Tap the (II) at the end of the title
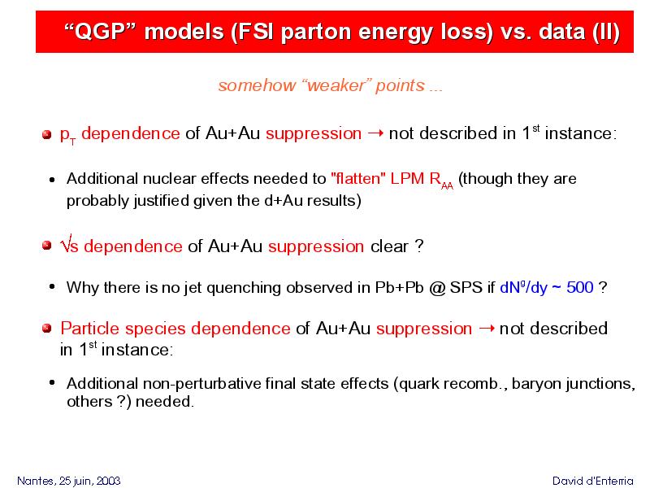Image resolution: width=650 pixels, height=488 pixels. point(606,32)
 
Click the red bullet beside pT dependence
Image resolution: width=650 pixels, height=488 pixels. point(47,134)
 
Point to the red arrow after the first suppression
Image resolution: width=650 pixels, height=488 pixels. point(375,133)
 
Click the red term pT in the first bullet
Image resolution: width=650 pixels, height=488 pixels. point(68,135)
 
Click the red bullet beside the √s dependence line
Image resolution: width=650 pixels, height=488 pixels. point(47,246)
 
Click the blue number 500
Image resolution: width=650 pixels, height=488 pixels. point(580,288)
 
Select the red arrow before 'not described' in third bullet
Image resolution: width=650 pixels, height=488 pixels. point(486,329)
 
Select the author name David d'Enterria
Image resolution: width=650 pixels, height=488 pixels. point(593,481)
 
